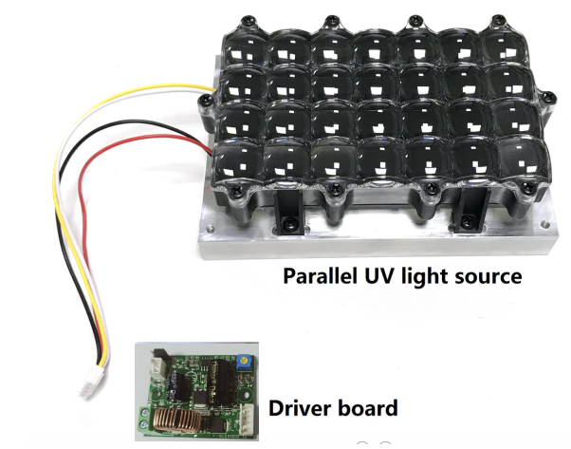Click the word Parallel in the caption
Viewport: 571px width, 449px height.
pos(316,277)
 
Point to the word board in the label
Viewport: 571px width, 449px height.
pos(363,409)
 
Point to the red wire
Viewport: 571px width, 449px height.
pos(71,237)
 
